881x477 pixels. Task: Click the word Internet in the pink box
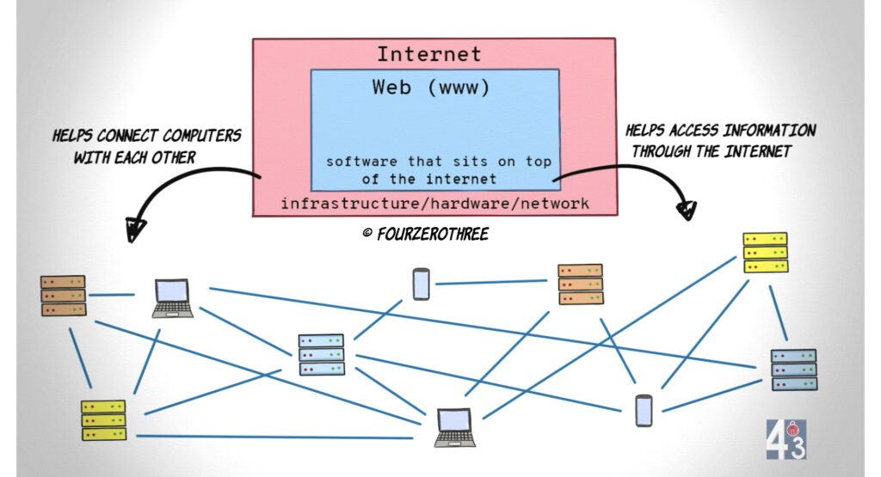428,55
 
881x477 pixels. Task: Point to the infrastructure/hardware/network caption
434,204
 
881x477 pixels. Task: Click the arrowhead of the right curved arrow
687,210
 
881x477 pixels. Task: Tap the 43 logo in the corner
786,438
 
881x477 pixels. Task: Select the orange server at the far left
63,295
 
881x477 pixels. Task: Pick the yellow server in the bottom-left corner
103,420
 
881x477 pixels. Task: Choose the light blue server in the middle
321,354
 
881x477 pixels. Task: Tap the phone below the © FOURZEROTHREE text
420,284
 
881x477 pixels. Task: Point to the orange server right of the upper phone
580,284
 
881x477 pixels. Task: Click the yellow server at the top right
765,253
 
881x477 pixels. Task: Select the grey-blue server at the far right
793,370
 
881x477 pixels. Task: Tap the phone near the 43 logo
644,410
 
